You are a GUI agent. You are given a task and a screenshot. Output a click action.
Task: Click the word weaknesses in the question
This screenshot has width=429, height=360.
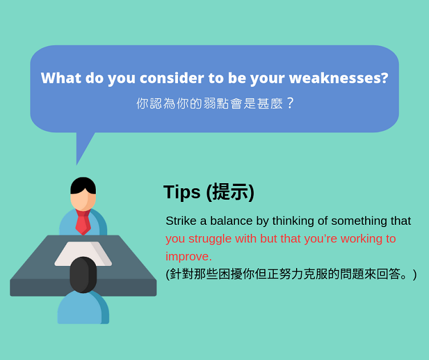point(338,78)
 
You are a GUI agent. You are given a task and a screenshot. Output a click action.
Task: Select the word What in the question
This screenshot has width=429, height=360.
point(61,78)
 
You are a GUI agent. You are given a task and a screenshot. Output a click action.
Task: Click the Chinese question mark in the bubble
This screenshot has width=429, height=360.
point(290,103)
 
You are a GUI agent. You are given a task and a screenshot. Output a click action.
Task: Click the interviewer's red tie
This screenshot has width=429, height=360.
point(83,222)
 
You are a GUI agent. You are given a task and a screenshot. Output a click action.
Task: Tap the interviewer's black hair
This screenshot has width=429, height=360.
point(83,185)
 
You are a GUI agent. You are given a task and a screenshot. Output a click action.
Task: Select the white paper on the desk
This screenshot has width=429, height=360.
point(83,253)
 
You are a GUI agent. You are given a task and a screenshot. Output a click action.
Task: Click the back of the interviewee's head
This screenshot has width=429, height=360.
point(83,274)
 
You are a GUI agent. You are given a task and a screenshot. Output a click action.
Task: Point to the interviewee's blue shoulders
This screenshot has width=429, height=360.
point(83,307)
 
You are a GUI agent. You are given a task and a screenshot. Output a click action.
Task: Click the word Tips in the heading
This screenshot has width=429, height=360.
point(182,192)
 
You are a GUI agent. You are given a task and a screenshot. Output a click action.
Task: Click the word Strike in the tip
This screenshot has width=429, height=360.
point(181,220)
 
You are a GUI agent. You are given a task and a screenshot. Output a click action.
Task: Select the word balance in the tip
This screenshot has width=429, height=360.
point(231,220)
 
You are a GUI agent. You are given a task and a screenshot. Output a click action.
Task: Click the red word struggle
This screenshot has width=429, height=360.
point(210,238)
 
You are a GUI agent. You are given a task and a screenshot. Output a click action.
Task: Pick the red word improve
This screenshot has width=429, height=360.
point(188,257)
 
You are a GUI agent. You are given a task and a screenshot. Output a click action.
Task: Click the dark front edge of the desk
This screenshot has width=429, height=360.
point(83,288)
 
